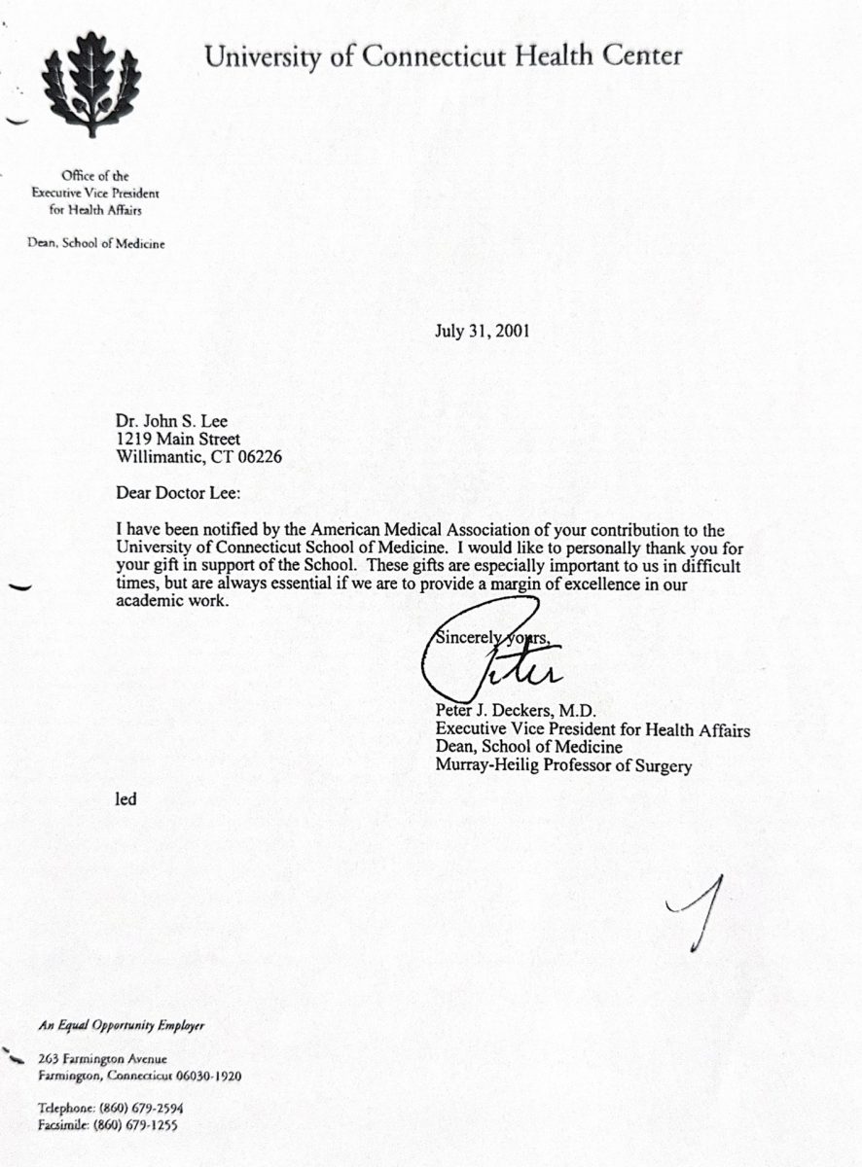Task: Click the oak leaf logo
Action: [91, 84]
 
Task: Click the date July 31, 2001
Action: [482, 331]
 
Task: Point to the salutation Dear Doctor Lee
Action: [176, 493]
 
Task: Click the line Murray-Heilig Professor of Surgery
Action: [563, 766]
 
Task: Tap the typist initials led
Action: [126, 799]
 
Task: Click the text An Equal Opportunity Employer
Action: [122, 1025]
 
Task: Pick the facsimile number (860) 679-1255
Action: [137, 1125]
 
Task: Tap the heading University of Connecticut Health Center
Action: [443, 56]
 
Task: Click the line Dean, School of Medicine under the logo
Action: [95, 244]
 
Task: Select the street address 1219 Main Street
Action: [177, 440]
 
